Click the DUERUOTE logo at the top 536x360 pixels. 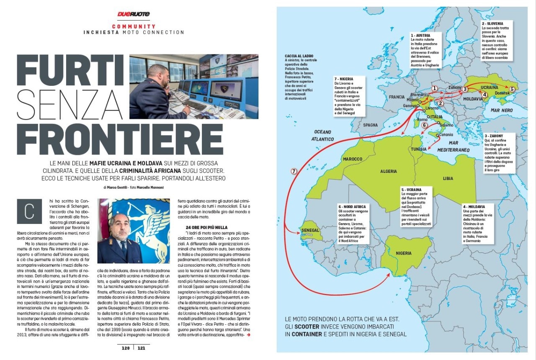click(133, 14)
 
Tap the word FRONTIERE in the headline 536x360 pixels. click(120, 139)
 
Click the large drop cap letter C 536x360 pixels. click(29, 211)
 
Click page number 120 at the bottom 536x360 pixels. click(126, 348)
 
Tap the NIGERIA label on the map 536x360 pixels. click(404, 253)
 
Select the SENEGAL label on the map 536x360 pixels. click(310, 231)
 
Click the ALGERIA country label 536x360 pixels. click(388, 172)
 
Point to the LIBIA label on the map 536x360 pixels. click(448, 179)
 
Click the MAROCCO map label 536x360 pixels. click(353, 159)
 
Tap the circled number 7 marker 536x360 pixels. click(294, 171)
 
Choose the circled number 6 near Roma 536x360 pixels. click(424, 125)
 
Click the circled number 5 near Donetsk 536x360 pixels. click(512, 89)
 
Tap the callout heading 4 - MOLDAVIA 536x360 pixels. click(474, 207)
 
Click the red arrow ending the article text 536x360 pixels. click(249, 335)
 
